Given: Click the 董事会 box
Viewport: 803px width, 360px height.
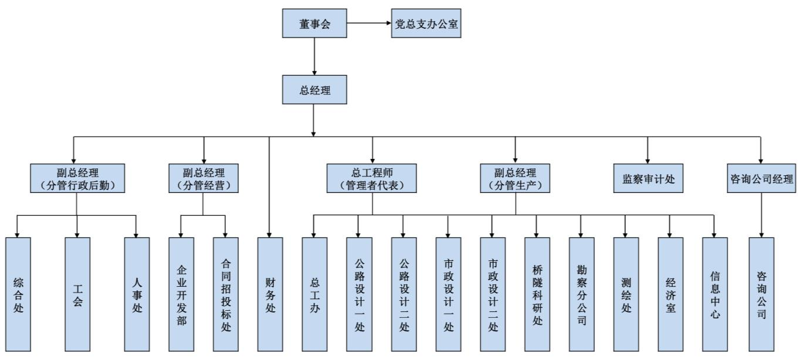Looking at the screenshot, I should [x=315, y=24].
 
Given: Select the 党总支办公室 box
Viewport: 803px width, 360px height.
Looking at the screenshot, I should [x=426, y=24].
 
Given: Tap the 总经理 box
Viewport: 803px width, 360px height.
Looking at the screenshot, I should [x=315, y=89].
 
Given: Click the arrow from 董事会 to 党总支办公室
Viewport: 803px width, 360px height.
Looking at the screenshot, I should [x=369, y=24].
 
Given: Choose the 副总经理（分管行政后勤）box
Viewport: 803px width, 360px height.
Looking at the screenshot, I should [x=77, y=178].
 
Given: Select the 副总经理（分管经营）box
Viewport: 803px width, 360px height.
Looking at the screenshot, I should [x=203, y=178].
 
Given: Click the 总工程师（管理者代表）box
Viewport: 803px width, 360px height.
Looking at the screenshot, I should [x=372, y=178].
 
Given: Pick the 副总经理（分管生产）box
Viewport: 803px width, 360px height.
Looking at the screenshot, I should [x=516, y=178].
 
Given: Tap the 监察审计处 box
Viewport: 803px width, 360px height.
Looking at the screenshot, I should [x=648, y=178].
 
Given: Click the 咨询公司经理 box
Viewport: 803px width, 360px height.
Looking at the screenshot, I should [x=760, y=178].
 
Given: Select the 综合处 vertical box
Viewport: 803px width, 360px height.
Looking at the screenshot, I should [x=18, y=294].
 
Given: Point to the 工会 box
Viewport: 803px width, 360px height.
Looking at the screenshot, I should [x=77, y=294].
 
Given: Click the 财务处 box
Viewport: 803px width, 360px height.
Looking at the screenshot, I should [x=270, y=294].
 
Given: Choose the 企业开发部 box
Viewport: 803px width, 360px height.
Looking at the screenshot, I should [x=181, y=294].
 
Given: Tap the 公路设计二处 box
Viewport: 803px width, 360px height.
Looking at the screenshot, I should [x=404, y=294].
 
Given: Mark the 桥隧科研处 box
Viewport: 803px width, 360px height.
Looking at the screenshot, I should [x=537, y=294].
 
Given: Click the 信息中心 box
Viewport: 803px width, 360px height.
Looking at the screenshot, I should [x=715, y=294].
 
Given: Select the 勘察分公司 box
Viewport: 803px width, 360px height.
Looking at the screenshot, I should [x=581, y=294].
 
